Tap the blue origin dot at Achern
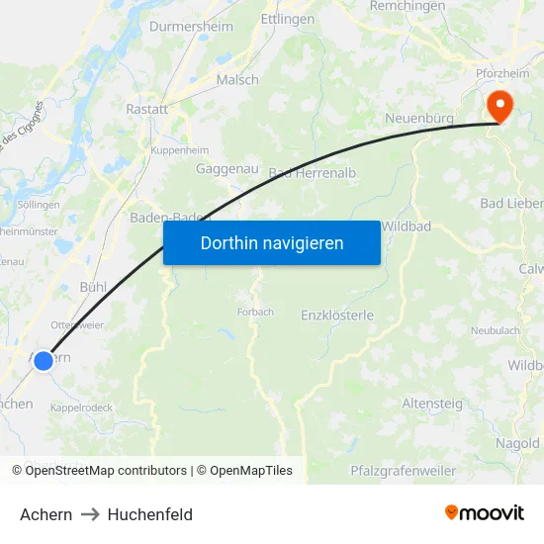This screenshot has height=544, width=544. (x=44, y=361)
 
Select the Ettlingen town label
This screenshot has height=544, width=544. (x=287, y=19)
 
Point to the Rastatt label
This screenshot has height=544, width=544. (x=146, y=109)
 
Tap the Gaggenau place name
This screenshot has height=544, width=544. (x=227, y=169)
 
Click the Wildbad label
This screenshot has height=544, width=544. (x=406, y=227)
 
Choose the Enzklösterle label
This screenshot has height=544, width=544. (x=337, y=315)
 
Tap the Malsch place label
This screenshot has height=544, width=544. (x=237, y=80)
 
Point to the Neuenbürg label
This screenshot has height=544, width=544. (x=419, y=119)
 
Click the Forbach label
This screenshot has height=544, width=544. (x=255, y=312)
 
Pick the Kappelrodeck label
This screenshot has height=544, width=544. (x=81, y=407)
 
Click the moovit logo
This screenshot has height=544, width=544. (x=485, y=512)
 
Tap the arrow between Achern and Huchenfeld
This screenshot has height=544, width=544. (x=90, y=514)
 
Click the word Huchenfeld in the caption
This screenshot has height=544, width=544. (x=149, y=514)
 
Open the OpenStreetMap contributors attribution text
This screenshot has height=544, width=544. (x=106, y=471)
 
